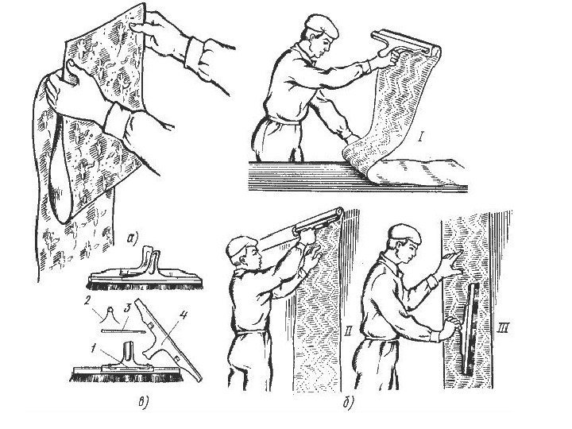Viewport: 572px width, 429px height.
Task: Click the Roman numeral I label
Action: (x=420, y=137)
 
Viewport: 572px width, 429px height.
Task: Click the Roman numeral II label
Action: (x=348, y=331)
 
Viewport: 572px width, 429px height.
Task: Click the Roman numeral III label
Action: (x=503, y=329)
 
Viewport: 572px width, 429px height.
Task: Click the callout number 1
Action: (x=94, y=349)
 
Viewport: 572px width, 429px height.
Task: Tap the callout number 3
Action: (x=126, y=307)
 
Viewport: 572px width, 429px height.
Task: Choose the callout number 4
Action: (x=184, y=315)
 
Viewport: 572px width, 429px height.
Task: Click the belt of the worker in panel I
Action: (x=284, y=120)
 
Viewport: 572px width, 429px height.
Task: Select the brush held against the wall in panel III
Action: (x=470, y=330)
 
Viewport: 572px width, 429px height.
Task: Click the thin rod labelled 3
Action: (x=123, y=331)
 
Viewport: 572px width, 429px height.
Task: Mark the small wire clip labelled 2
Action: (x=110, y=315)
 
